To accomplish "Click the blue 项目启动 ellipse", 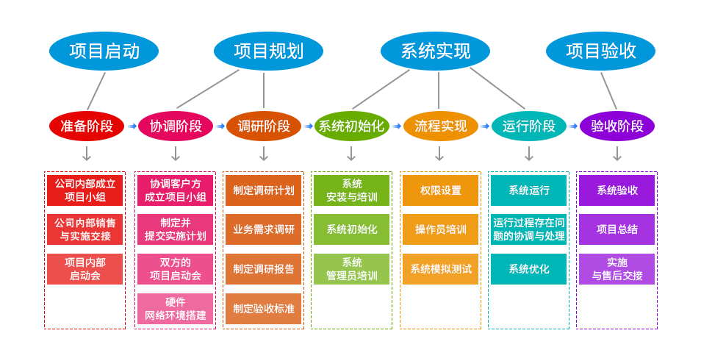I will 104,51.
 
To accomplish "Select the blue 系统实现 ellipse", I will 435,51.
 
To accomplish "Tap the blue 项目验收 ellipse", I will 600,51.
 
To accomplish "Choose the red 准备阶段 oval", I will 87,126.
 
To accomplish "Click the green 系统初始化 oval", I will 351,126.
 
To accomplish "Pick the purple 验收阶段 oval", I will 616,126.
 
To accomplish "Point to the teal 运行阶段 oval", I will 528,126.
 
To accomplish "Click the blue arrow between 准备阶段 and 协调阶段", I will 132,126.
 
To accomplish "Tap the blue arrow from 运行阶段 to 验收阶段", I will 573,126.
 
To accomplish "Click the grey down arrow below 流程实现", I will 439,153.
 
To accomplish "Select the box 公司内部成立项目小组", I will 85,190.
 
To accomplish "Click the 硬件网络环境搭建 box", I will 175,309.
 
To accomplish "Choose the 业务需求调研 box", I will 263,229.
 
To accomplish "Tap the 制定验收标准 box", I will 263,309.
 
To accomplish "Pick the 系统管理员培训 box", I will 351,269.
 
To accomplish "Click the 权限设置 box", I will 440,190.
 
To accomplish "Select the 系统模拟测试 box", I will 440,269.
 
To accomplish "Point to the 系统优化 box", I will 528,269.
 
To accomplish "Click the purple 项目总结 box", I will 616,229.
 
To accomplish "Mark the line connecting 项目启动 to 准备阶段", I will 96,90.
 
